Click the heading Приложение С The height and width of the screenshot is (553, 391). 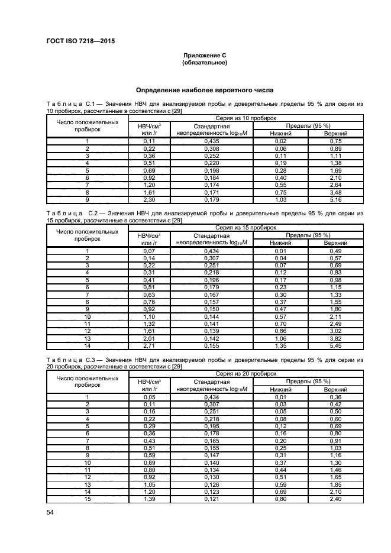[x=204, y=55]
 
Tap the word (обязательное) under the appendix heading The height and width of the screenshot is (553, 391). [x=204, y=62]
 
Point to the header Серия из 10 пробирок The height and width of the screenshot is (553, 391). [x=245, y=118]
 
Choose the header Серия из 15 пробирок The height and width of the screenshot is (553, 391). [x=245, y=227]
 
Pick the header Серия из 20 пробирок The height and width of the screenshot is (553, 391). [x=245, y=374]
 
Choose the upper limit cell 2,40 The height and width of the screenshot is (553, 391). [x=336, y=499]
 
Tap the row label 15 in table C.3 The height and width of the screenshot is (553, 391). [x=87, y=499]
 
